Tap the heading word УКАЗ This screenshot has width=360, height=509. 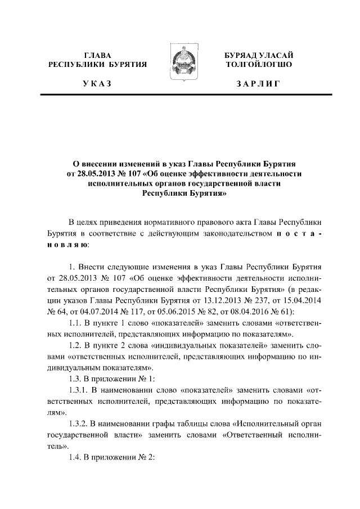pyautogui.click(x=97, y=84)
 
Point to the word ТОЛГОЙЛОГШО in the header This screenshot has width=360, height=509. pyautogui.click(x=258, y=65)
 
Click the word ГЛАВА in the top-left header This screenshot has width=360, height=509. pyautogui.click(x=97, y=56)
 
